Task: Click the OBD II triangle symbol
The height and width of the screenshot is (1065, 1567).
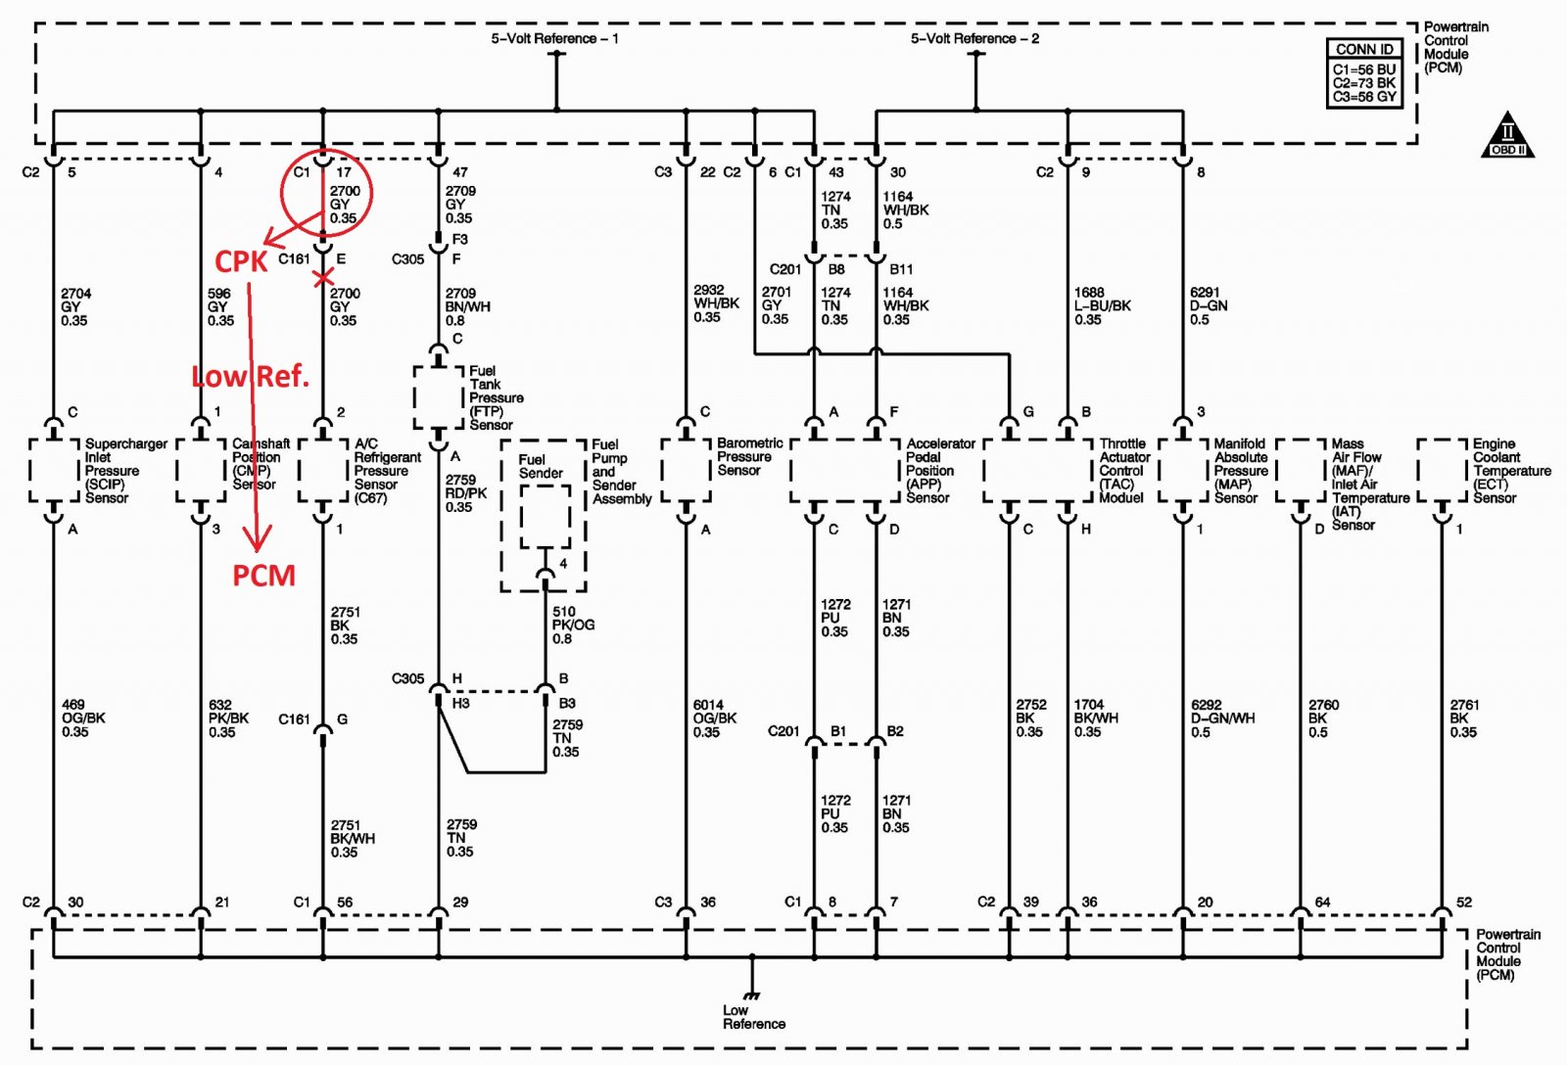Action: (x=1507, y=136)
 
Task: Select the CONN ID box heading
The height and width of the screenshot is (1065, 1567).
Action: (x=1364, y=49)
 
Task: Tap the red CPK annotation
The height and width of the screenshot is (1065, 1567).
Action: (x=241, y=261)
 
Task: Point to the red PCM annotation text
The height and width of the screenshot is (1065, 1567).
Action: (x=263, y=575)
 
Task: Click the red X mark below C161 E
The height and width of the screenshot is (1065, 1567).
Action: (x=322, y=278)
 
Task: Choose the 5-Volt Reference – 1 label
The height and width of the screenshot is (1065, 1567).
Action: (x=554, y=38)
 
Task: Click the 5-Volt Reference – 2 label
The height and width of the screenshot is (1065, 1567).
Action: (x=974, y=38)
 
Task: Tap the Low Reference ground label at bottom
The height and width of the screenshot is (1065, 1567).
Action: (x=753, y=1017)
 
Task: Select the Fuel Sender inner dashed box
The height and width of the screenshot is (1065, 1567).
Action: (x=545, y=517)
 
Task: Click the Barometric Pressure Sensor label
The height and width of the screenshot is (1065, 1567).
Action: (x=749, y=456)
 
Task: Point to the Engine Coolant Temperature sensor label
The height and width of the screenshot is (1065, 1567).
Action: (x=1511, y=471)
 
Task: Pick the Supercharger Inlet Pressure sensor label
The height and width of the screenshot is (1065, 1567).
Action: (x=126, y=471)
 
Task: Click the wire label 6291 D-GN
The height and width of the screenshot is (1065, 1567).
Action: (x=1209, y=305)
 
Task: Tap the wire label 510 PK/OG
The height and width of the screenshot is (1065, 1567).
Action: (x=573, y=625)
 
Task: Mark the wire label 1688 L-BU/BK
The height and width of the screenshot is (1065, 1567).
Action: (x=1102, y=305)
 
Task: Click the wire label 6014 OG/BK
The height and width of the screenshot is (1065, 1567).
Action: (x=714, y=718)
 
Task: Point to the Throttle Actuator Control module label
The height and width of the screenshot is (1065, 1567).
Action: (x=1124, y=471)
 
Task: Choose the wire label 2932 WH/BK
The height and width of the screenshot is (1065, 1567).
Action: (x=716, y=302)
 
